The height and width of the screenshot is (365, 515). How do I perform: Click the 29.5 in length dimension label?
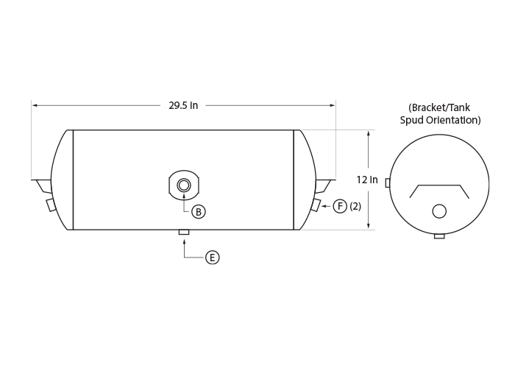(183, 105)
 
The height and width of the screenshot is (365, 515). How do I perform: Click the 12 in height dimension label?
(367, 180)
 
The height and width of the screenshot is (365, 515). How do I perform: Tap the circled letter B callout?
(199, 212)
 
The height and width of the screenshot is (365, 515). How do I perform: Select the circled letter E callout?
(212, 258)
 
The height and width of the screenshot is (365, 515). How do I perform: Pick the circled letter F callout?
(340, 206)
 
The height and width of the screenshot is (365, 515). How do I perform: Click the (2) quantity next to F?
(355, 206)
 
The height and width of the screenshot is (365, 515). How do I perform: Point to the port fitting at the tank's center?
(184, 185)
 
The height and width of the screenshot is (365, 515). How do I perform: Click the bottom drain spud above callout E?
(184, 233)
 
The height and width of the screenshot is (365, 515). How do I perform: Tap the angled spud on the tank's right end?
(316, 205)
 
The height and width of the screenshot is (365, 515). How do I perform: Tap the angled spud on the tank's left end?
(51, 205)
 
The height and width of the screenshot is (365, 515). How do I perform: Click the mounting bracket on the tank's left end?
(42, 186)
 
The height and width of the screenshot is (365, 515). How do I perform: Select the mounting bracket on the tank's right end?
(325, 186)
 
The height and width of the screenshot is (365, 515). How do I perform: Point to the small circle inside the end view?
(439, 211)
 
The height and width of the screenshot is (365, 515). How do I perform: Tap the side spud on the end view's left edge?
(388, 183)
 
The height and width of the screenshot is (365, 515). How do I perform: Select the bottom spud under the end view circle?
(439, 236)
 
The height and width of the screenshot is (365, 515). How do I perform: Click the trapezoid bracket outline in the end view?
(439, 185)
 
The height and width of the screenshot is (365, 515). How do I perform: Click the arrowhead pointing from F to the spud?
(323, 206)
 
